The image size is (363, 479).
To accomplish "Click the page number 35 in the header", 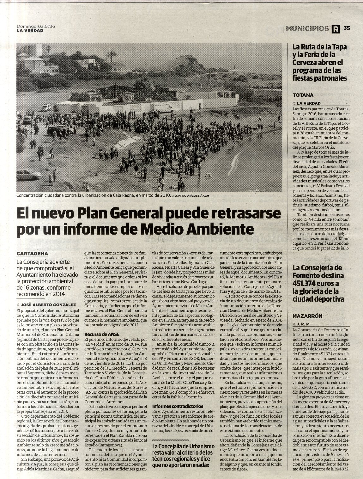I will tap(347, 28).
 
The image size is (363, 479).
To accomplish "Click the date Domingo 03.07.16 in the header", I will tap(36, 27).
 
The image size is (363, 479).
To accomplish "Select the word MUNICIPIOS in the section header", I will tap(307, 29).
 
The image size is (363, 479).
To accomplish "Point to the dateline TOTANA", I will tap(303, 95).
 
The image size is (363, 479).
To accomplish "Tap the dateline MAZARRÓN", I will tap(307, 316).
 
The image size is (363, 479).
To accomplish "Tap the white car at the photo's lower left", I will tap(28, 175).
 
